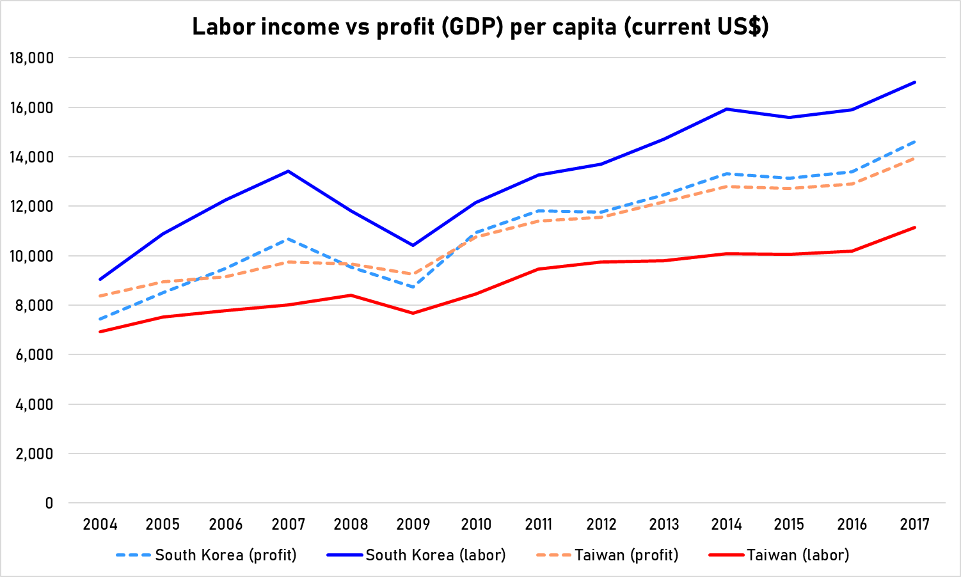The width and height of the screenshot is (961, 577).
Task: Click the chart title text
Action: coord(480,27)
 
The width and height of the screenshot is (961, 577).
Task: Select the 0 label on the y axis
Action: coord(49,503)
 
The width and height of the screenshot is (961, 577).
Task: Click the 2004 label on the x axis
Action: coord(100,525)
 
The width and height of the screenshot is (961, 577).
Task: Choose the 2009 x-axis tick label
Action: coord(413,525)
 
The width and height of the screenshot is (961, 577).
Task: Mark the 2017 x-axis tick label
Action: coord(914,525)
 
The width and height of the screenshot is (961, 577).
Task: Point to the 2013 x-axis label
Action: coord(664,525)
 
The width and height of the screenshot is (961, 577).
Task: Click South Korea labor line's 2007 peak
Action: coord(289,171)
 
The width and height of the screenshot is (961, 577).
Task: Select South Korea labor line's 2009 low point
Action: coord(413,245)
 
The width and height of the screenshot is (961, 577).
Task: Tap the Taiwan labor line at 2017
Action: coord(914,227)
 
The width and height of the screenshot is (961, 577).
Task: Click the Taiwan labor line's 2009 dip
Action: coord(413,313)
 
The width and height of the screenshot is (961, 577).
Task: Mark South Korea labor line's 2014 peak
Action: coord(727,109)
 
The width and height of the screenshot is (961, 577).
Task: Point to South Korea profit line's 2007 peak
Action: coord(289,239)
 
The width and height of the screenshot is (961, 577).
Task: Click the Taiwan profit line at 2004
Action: coord(100,296)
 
